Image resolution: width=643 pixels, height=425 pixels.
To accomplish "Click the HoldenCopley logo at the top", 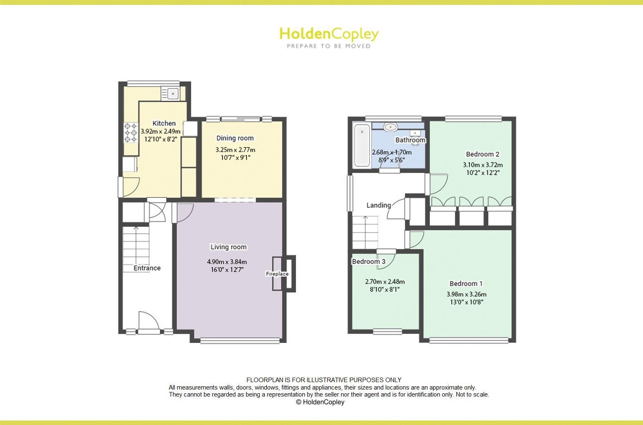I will [329, 37].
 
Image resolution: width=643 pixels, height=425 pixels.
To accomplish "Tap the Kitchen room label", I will [164, 123].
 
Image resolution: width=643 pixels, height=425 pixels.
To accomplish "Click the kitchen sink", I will [172, 94].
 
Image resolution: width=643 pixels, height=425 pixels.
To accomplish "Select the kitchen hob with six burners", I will [131, 132].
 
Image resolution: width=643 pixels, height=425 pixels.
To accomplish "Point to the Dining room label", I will [235, 138].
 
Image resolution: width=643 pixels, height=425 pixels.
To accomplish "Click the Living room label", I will [228, 247].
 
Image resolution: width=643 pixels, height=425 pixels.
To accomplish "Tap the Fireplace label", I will [277, 274].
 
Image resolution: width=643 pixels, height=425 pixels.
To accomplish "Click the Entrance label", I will [147, 268].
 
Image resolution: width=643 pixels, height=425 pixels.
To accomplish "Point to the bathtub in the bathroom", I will [362, 145].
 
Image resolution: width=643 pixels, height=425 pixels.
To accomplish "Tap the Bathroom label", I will [410, 140].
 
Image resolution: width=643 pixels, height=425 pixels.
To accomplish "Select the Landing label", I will [379, 205].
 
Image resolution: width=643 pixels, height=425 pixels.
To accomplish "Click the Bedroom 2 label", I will [482, 154].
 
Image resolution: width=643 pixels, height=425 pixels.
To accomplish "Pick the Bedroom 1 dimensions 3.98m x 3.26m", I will [466, 294].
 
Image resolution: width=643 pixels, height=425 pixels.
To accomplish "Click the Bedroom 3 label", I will [368, 261].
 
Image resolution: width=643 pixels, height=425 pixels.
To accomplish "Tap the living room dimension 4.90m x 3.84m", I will [227, 262].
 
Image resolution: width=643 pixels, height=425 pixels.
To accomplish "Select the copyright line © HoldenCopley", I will [320, 402].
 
